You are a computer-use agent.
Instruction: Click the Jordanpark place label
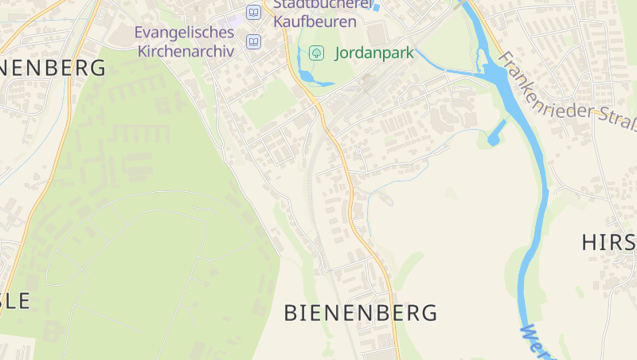[374, 54]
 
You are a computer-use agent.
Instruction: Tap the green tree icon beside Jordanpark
[316, 53]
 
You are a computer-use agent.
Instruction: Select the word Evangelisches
[184, 33]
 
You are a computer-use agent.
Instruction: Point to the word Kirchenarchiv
[186, 51]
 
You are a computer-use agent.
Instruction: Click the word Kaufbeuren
[315, 22]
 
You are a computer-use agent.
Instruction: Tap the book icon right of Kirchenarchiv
[253, 41]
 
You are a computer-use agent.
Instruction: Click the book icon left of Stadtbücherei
[253, 12]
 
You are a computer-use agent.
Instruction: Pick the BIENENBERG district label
[361, 313]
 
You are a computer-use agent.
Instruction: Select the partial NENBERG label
[52, 68]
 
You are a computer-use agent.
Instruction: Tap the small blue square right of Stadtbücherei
[377, 8]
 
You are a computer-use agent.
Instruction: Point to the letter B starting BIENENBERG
[292, 313]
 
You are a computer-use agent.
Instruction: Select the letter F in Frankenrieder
[503, 58]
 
